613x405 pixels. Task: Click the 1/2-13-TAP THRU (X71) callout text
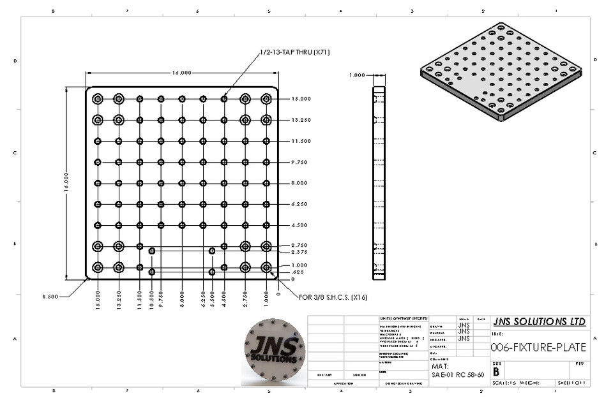point(294,52)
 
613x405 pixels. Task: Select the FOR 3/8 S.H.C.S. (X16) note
point(333,297)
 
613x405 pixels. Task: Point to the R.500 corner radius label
point(50,297)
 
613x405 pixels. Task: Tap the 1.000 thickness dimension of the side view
point(357,75)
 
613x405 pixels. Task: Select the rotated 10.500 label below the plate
point(151,300)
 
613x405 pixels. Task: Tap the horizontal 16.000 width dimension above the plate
point(181,73)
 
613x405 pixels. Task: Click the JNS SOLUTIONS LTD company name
point(540,321)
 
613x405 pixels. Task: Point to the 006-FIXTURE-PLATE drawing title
point(538,348)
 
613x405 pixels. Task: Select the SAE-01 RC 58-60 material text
point(457,375)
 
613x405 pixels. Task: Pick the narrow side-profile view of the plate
point(379,183)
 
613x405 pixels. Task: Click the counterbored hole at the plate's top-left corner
point(98,99)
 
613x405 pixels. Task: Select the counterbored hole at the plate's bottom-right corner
point(266,267)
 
